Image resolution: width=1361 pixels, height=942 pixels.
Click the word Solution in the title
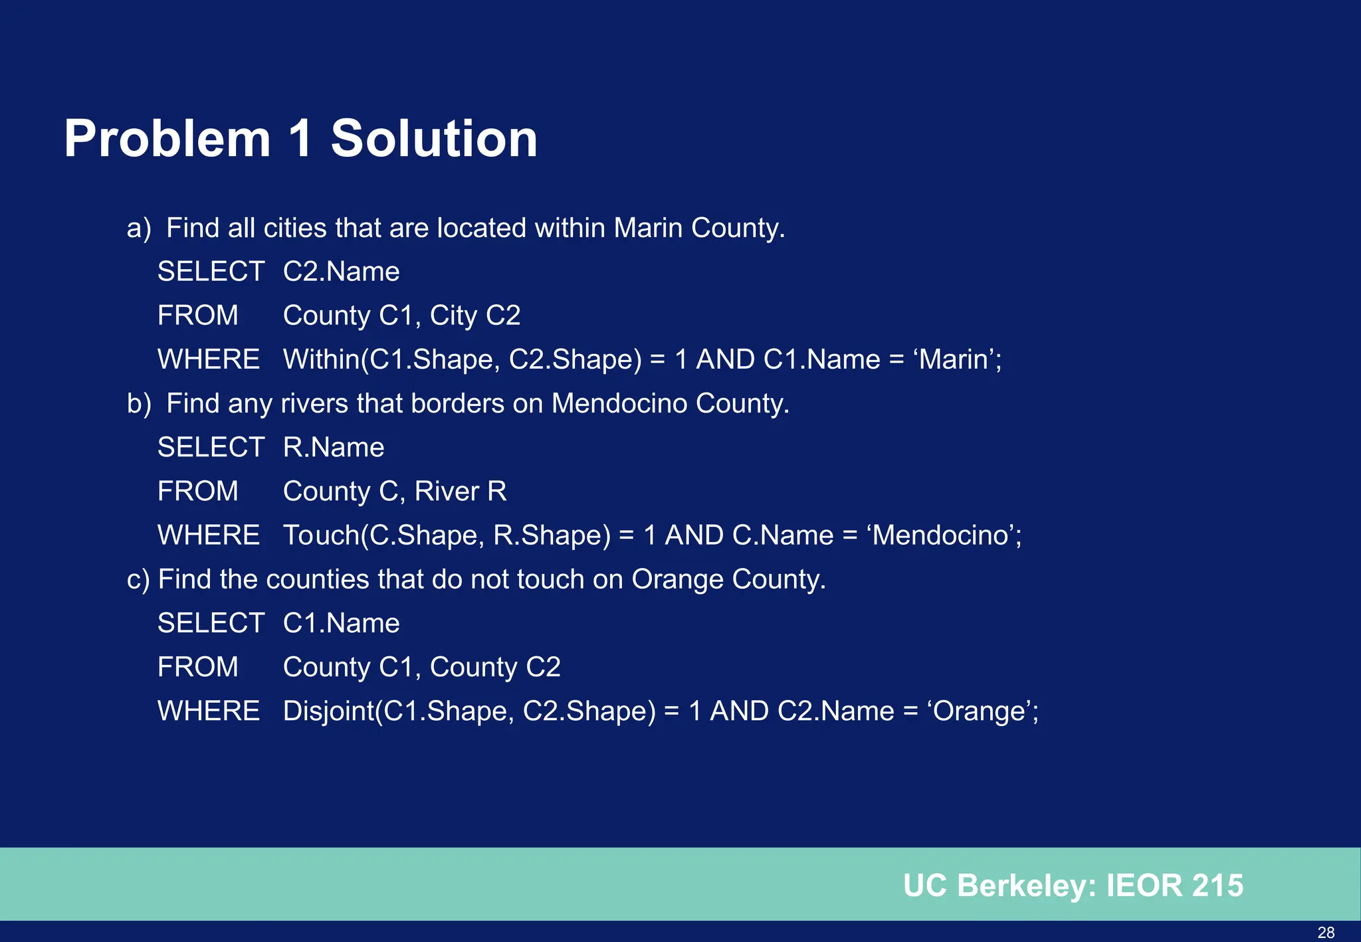tap(434, 139)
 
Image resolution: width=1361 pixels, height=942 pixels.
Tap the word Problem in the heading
tap(167, 139)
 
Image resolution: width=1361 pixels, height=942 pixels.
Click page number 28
tap(1326, 932)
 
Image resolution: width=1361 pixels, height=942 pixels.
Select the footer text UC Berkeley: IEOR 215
tap(1073, 886)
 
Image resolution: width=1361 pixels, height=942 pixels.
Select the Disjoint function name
tap(328, 711)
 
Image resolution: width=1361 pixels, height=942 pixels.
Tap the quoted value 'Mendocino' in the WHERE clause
tap(944, 535)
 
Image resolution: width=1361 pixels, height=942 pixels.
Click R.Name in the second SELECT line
tap(334, 448)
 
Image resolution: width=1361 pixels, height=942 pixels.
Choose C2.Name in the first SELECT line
tap(341, 272)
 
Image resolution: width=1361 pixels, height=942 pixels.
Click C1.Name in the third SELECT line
tap(341, 623)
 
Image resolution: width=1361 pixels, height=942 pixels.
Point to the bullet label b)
tap(139, 404)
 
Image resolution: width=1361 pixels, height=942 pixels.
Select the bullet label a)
tap(139, 228)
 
